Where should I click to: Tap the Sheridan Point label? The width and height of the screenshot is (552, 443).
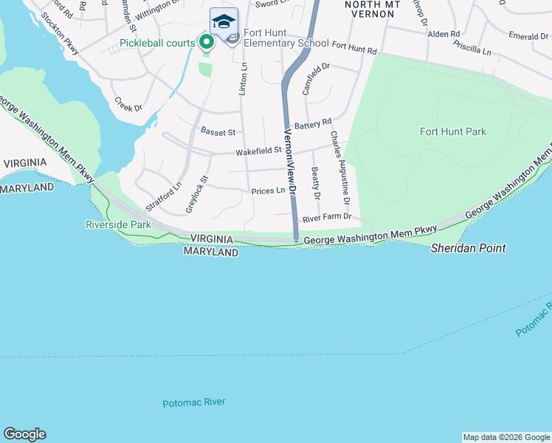click(469, 248)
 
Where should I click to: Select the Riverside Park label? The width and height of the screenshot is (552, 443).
click(118, 224)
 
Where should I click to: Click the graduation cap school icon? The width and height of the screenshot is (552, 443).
click(224, 21)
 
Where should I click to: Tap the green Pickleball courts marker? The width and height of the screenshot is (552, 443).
click(207, 43)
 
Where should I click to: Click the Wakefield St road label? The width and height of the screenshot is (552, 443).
click(258, 151)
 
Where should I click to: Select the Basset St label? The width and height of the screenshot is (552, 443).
click(218, 132)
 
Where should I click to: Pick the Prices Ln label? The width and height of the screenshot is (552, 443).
click(268, 190)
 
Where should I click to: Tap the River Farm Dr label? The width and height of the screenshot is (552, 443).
click(327, 218)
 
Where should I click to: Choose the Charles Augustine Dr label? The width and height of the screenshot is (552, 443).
click(339, 168)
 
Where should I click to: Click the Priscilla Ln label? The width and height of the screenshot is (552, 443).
click(475, 50)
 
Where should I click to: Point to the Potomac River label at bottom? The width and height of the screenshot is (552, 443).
click(193, 402)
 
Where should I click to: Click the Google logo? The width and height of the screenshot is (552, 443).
click(24, 434)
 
